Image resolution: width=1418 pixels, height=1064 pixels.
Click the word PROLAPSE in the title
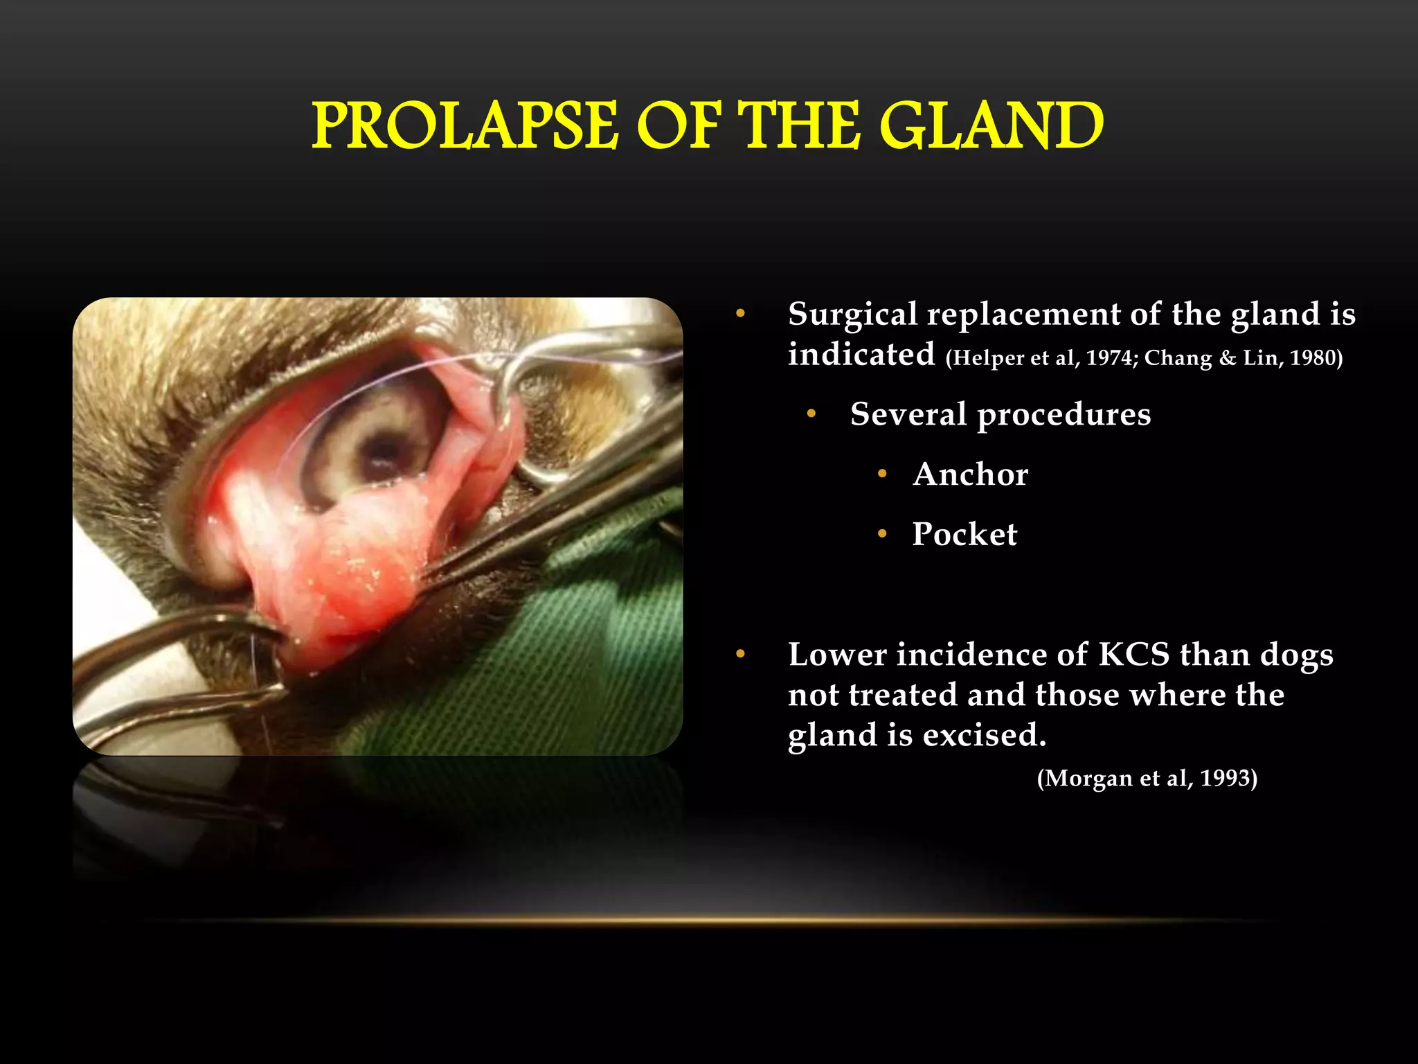(464, 126)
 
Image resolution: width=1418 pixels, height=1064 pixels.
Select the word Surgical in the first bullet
(852, 315)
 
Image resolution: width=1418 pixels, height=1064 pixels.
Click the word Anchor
(970, 475)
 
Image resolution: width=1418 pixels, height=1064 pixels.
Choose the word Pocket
(964, 534)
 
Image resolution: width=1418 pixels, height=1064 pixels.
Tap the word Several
(907, 414)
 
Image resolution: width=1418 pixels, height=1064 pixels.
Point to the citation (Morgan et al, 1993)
(1147, 779)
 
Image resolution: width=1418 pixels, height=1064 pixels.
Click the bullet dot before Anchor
(882, 475)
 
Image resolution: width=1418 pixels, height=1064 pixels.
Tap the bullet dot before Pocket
(882, 534)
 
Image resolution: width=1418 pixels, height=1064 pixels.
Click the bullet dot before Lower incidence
(740, 655)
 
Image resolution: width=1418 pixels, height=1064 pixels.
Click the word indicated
(861, 355)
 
